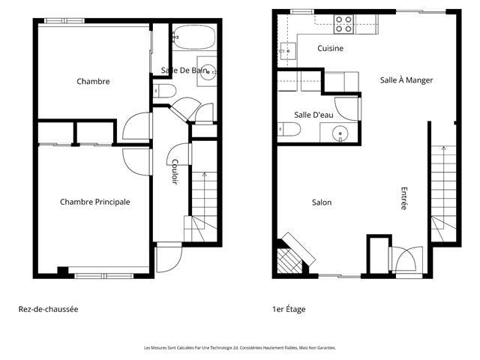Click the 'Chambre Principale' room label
[95, 202]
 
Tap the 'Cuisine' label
[330, 48]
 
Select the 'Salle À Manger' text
[406, 80]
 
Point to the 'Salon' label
[322, 202]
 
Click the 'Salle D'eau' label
[313, 115]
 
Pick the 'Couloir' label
[175, 172]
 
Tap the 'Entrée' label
[404, 198]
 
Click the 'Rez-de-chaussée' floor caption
[48, 309]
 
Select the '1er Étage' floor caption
[289, 309]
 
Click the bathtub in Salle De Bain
[194, 37]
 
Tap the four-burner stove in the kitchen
[343, 24]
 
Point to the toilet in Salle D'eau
[289, 129]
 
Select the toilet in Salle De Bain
[164, 91]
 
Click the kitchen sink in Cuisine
[288, 51]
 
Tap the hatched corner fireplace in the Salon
[289, 261]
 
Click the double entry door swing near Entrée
[407, 259]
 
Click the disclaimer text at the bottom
[240, 348]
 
